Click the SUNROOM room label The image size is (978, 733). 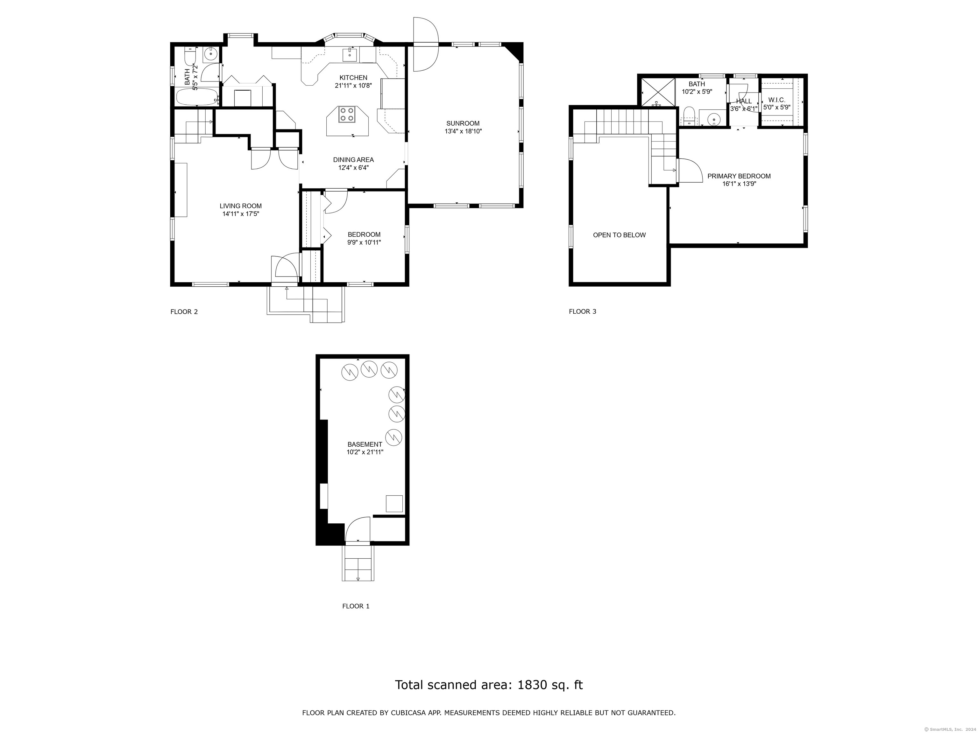463,123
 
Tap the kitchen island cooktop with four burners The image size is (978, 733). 347,115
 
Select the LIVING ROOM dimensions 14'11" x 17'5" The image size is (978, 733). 241,214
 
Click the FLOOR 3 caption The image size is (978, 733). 582,311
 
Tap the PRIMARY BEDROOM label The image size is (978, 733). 739,176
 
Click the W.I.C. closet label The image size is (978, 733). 777,100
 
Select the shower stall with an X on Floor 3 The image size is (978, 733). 658,92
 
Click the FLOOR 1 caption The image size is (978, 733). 356,606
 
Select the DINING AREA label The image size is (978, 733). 353,159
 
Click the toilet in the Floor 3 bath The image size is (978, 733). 689,116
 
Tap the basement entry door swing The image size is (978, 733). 357,528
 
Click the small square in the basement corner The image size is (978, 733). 394,503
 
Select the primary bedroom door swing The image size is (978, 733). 690,170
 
